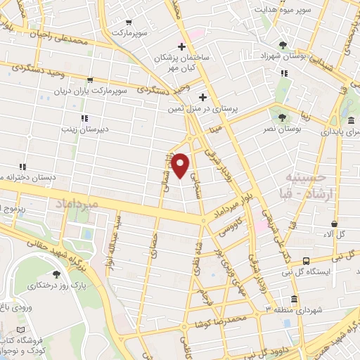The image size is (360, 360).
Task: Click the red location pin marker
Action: click(181, 165)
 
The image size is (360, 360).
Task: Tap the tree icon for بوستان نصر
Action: click(282, 117)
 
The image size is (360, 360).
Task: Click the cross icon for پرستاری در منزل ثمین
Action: click(202, 97)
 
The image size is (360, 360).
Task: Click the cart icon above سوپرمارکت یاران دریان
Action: click(90, 80)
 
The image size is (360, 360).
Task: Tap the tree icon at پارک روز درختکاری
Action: click(56, 274)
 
